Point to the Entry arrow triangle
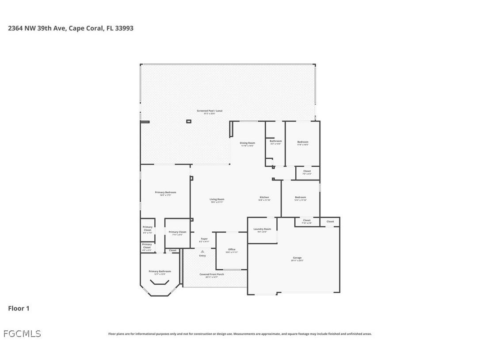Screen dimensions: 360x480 [202, 251]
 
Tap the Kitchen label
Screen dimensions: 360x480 [264, 198]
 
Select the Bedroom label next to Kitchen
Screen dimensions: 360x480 [300, 198]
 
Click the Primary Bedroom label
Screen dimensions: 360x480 [165, 193]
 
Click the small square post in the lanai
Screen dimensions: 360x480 [189, 121]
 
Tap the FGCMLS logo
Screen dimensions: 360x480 [22, 333]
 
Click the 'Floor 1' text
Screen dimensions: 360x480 [19, 308]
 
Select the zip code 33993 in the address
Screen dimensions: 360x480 [124, 28]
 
